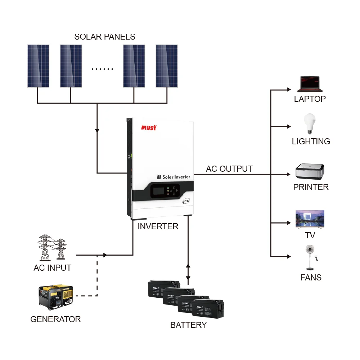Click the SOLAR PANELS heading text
[105, 37]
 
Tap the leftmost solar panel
[38, 66]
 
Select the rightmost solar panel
[167, 66]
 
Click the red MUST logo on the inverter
[148, 128]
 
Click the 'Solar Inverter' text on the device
[174, 177]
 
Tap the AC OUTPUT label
[229, 169]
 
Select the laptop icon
[310, 84]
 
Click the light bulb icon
[310, 124]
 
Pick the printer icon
[310, 172]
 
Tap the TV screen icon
[310, 219]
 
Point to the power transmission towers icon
[52, 247]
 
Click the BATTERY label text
[188, 325]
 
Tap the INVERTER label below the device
[158, 226]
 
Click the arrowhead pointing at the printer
[288, 174]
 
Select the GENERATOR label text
[55, 319]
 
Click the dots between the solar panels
[102, 69]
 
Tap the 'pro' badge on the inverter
[186, 201]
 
